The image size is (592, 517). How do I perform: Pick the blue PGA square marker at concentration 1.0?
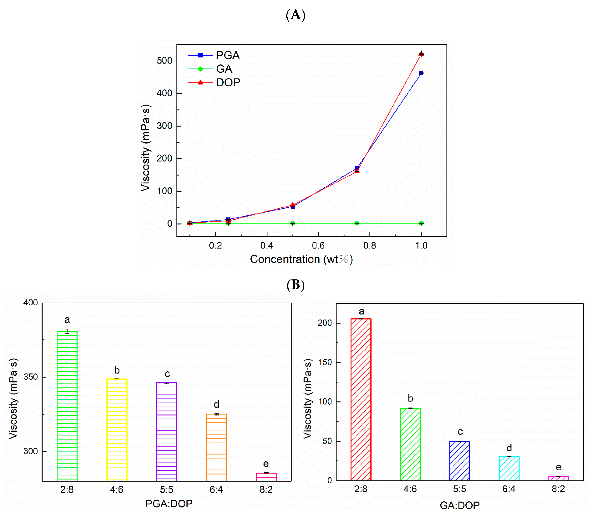point(421,73)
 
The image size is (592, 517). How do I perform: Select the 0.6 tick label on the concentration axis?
point(318,246)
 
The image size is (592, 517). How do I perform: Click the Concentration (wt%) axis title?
point(301,259)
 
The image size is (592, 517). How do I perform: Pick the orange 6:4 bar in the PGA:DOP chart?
point(216,447)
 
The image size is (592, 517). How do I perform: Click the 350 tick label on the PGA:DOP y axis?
point(31,377)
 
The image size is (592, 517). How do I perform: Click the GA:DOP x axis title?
point(460,505)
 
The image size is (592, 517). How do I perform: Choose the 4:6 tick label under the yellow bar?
point(117,489)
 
